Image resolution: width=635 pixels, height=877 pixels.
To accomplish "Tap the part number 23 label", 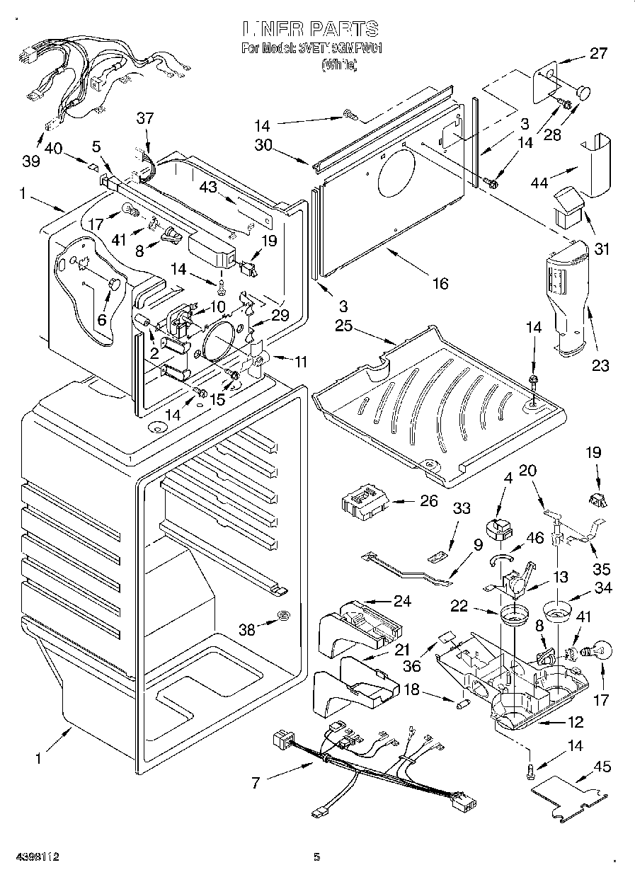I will tap(600, 365).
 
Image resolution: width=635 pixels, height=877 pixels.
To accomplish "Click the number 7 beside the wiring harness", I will tap(256, 782).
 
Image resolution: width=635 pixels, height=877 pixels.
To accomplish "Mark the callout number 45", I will tap(602, 767).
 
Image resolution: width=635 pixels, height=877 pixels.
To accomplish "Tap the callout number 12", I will tap(576, 723).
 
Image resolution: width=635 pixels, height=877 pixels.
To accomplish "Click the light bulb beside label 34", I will tap(596, 650).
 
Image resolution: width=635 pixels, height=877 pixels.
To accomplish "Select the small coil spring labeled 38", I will tap(283, 614).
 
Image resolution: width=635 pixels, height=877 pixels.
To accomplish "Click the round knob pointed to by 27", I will tap(584, 91).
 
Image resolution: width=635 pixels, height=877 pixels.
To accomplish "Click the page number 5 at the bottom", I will tap(317, 857).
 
